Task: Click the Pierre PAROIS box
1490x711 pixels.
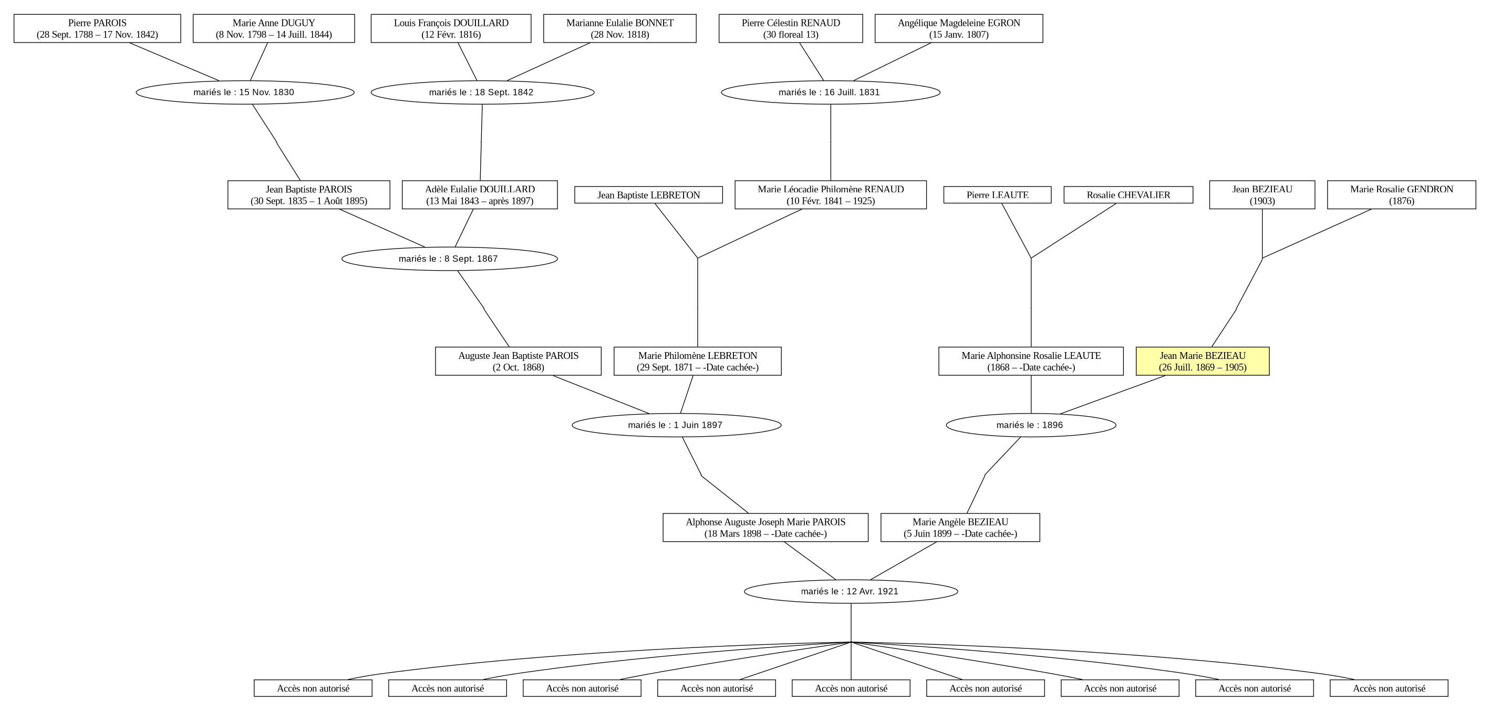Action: pos(97,28)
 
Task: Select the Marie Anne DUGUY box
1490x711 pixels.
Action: pos(274,28)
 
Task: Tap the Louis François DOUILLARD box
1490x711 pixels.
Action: pos(451,28)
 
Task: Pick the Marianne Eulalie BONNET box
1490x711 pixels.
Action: pos(619,28)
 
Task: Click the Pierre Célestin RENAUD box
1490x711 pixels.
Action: pos(791,28)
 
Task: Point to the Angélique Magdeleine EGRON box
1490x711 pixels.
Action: pos(958,28)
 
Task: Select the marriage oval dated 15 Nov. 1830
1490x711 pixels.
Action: pos(245,92)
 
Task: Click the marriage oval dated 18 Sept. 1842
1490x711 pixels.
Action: pos(482,92)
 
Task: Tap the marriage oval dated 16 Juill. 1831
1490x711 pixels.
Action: pos(831,92)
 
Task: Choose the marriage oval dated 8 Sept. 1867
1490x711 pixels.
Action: pos(449,259)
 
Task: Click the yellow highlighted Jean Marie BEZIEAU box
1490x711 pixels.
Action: pos(1203,361)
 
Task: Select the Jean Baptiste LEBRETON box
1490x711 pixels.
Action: pos(648,195)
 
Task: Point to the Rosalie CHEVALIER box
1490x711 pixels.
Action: pos(1128,195)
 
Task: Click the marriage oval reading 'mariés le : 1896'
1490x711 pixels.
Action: pos(1031,425)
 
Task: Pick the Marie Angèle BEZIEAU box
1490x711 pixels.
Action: pos(960,528)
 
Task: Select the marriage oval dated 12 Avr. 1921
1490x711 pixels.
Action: pos(850,591)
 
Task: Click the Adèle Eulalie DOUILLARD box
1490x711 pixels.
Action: pos(480,195)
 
